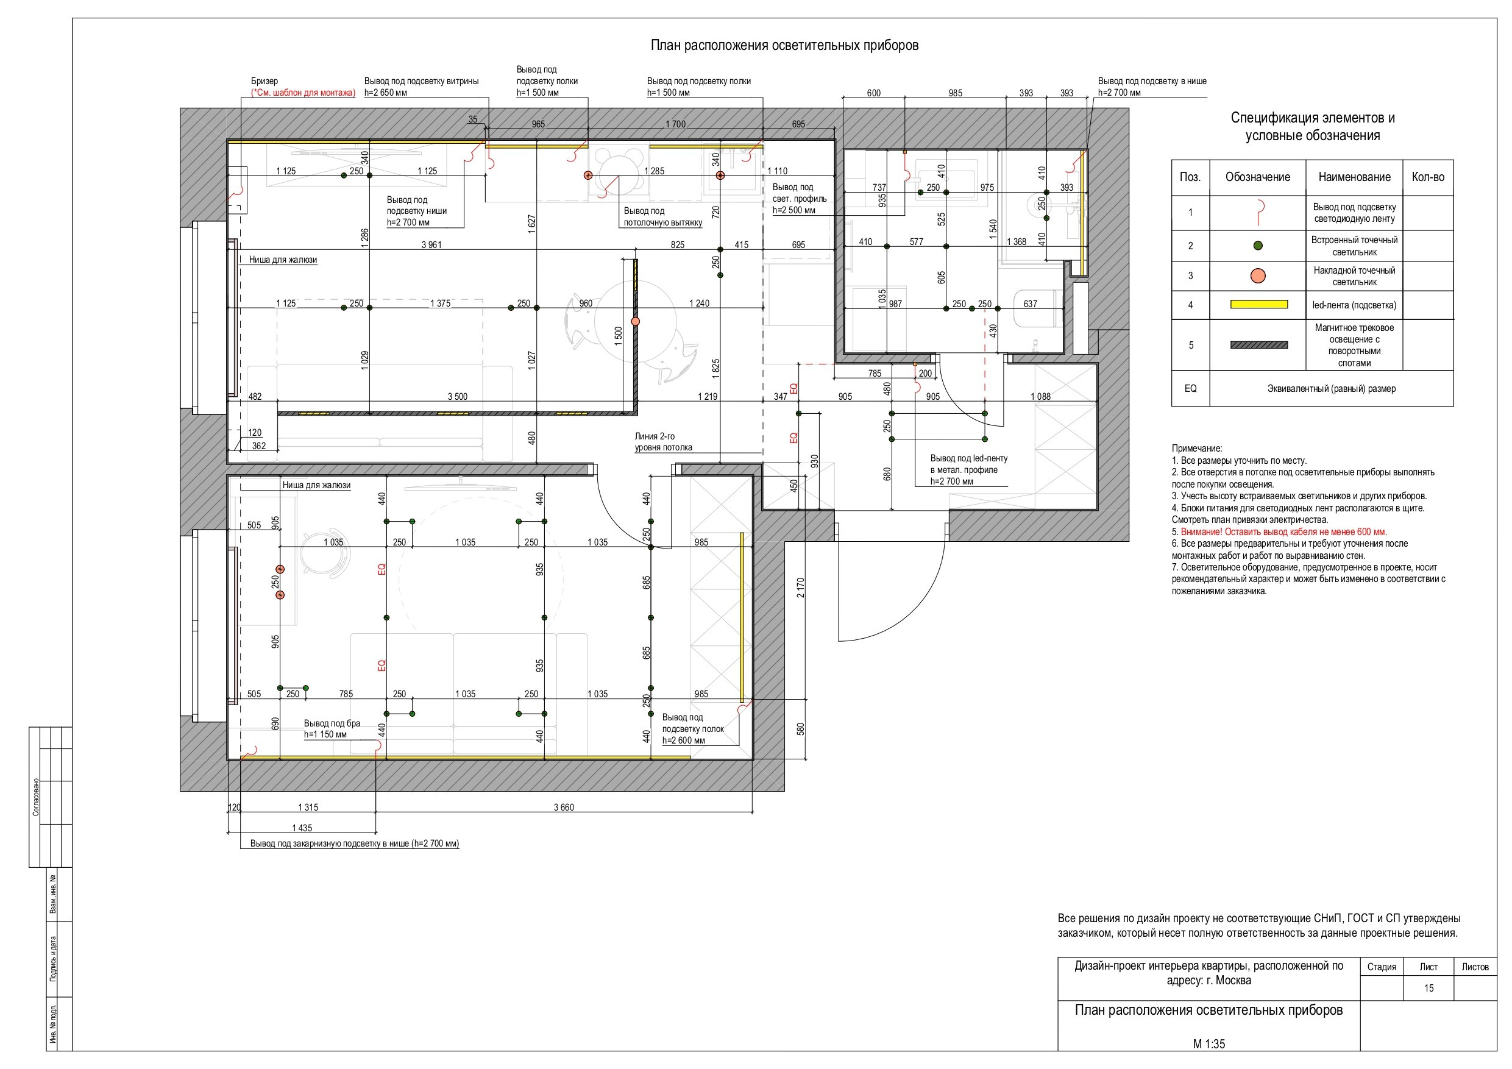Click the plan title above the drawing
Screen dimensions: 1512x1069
[784, 46]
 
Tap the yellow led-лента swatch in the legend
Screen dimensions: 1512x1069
[1258, 304]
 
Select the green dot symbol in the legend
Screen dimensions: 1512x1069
[1258, 246]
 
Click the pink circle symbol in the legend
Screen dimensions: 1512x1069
[1258, 276]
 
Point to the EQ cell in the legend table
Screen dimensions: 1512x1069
[1191, 389]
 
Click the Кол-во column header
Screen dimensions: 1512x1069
[1428, 177]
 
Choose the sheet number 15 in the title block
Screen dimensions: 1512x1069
[1429, 988]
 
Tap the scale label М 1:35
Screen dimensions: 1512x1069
[1209, 1044]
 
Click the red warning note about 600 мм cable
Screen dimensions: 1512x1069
[1283, 531]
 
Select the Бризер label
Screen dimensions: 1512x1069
[264, 81]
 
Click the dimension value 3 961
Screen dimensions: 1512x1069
[431, 244]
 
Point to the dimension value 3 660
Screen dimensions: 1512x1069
[564, 807]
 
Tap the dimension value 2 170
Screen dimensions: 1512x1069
[800, 588]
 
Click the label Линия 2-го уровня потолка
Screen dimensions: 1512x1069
[663, 441]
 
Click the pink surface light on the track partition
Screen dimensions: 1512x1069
[636, 321]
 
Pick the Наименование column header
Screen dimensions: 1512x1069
[1354, 177]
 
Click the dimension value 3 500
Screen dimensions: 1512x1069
[458, 397]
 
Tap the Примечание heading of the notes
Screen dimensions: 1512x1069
[1196, 449]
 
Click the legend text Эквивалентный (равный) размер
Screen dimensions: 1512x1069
[1332, 389]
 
